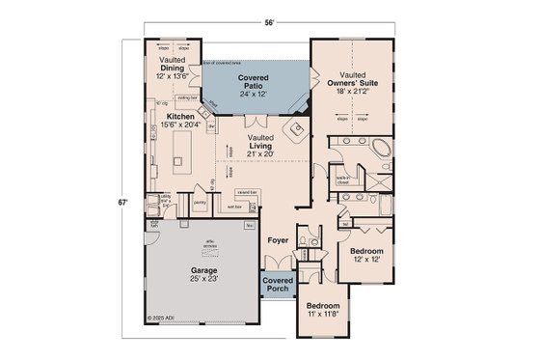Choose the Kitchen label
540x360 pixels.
click(x=171, y=121)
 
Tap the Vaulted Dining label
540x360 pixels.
click(x=173, y=69)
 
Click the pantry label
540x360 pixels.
click(x=200, y=204)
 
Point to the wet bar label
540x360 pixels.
click(x=233, y=207)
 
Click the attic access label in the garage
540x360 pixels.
click(x=209, y=243)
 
